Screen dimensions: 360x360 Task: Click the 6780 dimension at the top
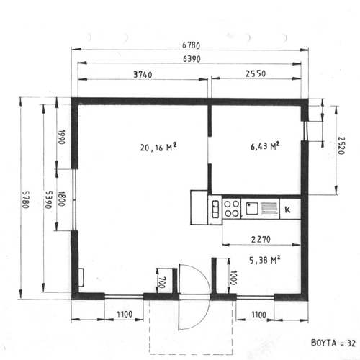click(191, 45)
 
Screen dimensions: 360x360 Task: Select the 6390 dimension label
click(192, 59)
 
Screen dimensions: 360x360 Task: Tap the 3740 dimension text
click(143, 75)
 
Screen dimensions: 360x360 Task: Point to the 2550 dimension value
click(256, 73)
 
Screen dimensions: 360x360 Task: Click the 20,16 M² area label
click(158, 147)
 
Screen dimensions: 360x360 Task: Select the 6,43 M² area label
click(265, 146)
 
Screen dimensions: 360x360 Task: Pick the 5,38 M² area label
click(265, 260)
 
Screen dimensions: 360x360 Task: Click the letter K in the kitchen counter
click(287, 210)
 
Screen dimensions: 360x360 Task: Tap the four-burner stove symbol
click(232, 209)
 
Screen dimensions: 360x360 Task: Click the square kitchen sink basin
click(252, 208)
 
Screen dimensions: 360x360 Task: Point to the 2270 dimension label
click(261, 239)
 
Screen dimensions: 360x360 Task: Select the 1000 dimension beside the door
click(233, 277)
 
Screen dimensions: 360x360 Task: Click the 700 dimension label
click(162, 282)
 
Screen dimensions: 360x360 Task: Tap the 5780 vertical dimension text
click(25, 199)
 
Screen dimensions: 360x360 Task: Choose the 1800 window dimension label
click(61, 199)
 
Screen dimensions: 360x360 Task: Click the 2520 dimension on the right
click(341, 145)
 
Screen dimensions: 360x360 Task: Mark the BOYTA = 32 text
click(333, 343)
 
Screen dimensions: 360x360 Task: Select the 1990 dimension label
click(61, 137)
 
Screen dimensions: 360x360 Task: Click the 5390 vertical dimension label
click(48, 199)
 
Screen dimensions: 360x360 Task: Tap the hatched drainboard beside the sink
click(269, 209)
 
